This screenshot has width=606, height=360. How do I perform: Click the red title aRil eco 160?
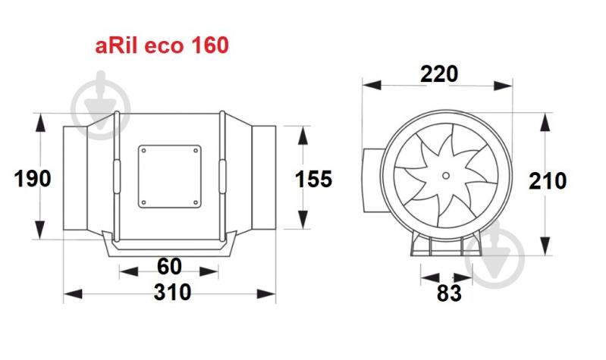coord(162,45)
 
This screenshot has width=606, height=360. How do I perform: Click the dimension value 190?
coord(33,179)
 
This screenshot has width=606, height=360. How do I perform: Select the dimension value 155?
coord(313,179)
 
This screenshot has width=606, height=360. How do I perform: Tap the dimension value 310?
coord(172,292)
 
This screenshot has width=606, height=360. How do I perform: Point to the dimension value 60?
coord(169,267)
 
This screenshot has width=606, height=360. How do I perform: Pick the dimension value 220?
coord(439,74)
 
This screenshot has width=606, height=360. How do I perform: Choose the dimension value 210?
coord(548,181)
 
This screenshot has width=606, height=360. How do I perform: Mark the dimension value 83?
coord(449,293)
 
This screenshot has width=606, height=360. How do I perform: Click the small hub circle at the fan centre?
coord(446,176)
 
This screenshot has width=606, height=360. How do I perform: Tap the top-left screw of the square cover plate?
coord(144,151)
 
